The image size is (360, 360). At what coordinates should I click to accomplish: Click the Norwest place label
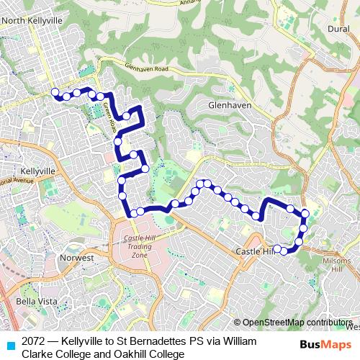(x=77, y=257)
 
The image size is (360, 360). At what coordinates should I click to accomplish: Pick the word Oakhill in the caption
(x=135, y=354)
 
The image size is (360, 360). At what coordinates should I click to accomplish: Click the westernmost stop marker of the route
(x=54, y=91)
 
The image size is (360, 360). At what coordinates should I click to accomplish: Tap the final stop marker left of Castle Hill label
(x=277, y=249)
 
